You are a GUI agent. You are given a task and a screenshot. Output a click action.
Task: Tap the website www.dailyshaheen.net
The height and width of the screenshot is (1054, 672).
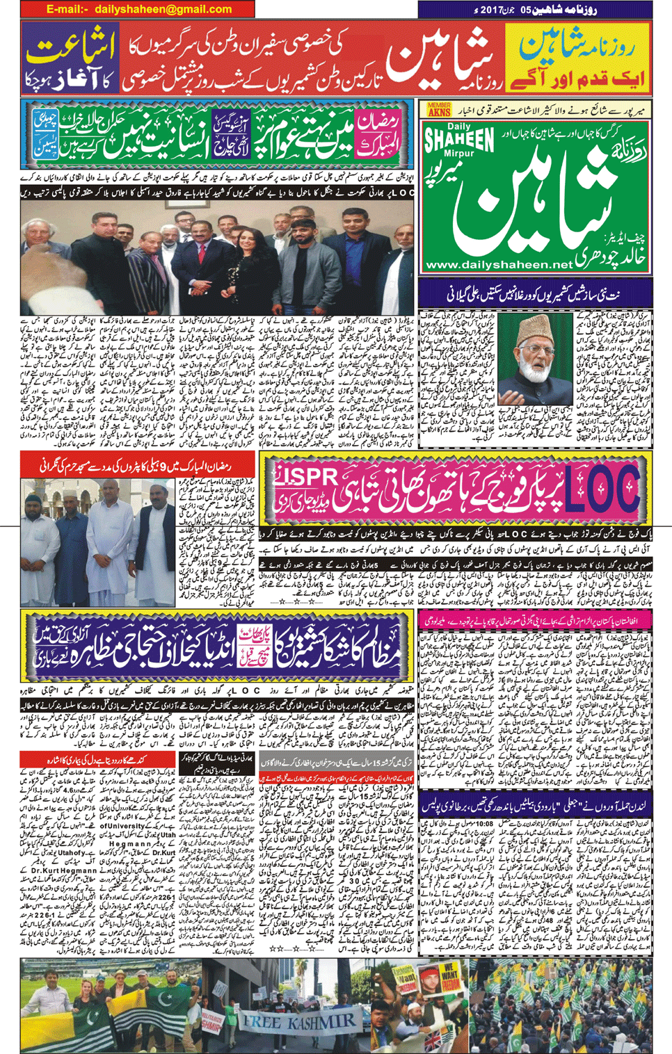pyautogui.click(x=499, y=265)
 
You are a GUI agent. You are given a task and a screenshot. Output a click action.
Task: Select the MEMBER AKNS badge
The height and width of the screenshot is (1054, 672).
pyautogui.click(x=439, y=109)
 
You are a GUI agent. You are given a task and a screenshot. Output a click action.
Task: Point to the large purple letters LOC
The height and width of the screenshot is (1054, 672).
pyautogui.click(x=602, y=488)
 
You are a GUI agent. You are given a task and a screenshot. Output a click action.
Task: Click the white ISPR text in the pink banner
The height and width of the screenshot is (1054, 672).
pyautogui.click(x=310, y=476)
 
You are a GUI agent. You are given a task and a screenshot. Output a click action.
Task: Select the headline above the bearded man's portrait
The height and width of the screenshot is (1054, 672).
pyautogui.click(x=536, y=295)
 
